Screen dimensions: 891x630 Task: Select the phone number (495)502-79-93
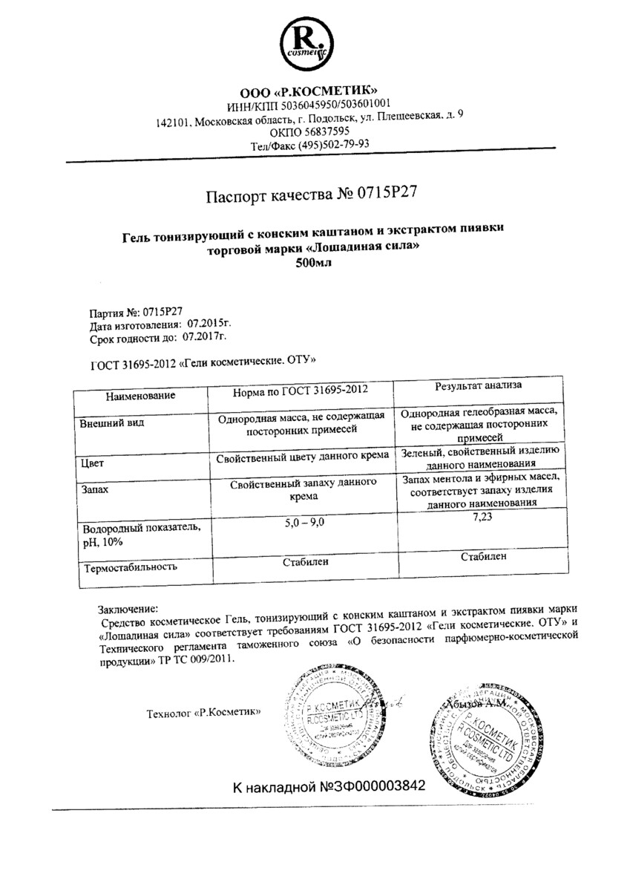point(333,145)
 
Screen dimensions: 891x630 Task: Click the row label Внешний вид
point(111,423)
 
